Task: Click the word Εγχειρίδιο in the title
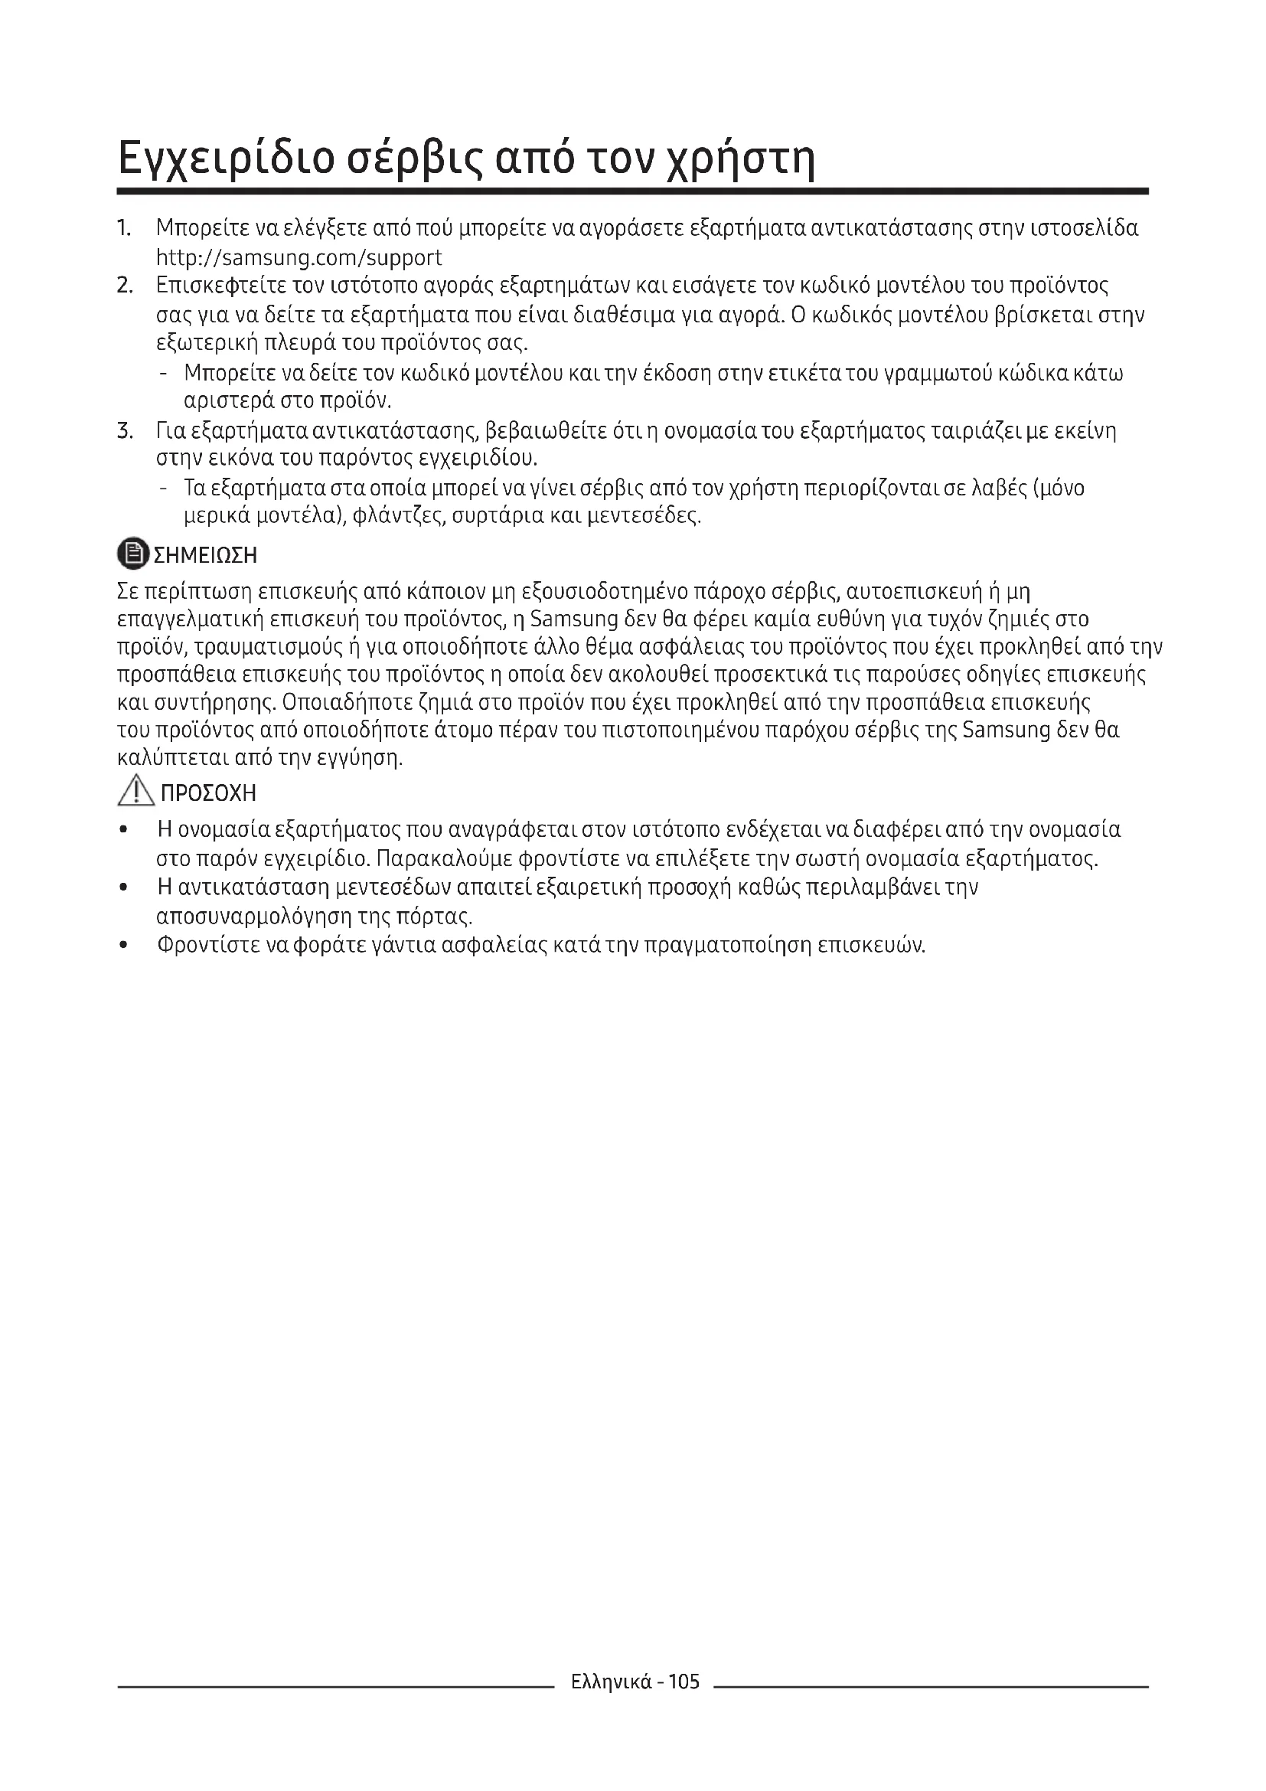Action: coord(224,159)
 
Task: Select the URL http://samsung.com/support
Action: coord(299,257)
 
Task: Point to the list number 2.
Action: coord(125,286)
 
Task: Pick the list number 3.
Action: coord(125,430)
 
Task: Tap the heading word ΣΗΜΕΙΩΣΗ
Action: coord(205,555)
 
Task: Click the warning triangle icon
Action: coord(135,792)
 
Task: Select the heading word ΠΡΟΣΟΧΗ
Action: coord(208,793)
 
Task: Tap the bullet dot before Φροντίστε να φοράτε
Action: coord(124,946)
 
